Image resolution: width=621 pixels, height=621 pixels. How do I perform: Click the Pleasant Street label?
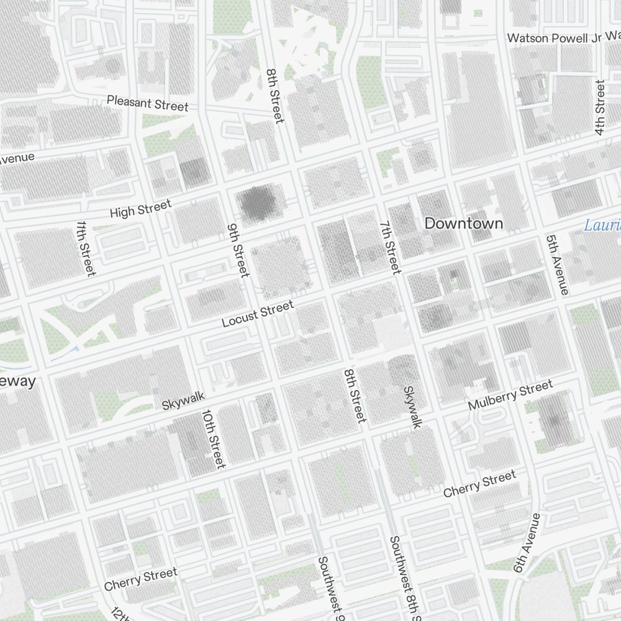147,102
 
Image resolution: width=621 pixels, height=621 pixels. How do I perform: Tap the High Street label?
140,209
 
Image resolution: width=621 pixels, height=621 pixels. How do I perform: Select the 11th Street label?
86,248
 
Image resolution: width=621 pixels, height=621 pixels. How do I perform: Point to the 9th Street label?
238,250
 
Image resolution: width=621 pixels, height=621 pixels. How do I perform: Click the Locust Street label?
258,314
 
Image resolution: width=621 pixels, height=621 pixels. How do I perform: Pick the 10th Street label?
213,439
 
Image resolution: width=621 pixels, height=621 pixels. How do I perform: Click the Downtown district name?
463,224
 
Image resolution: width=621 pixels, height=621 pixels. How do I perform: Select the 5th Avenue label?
557,265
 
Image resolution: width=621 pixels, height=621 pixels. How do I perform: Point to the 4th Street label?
599,107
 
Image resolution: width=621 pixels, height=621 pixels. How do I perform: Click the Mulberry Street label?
510,396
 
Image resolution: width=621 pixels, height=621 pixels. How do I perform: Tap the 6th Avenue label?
527,542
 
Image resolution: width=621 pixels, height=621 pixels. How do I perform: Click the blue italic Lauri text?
602,225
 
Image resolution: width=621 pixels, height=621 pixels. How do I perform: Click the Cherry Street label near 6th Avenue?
479,484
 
